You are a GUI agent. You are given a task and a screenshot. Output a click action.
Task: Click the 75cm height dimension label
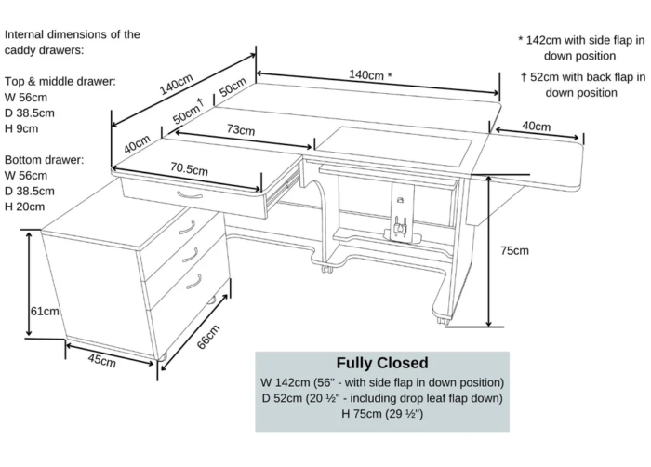[514, 250]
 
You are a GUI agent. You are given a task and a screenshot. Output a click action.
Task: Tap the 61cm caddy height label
[45, 311]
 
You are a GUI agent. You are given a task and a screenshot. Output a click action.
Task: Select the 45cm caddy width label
[101, 360]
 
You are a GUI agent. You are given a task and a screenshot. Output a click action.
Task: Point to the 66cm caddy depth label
[209, 338]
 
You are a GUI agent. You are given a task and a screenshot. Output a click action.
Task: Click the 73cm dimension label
[240, 130]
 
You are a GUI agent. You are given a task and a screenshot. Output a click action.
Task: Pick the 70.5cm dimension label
[189, 170]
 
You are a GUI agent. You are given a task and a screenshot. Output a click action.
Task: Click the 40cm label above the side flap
[535, 126]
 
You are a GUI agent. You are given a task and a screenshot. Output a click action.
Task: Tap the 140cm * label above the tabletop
[370, 74]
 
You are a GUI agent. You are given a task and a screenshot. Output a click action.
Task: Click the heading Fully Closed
[382, 363]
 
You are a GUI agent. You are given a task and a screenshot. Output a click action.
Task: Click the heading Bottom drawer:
[44, 159]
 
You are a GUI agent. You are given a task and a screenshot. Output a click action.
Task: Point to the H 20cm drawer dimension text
[24, 206]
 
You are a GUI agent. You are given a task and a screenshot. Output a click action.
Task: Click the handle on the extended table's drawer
[190, 196]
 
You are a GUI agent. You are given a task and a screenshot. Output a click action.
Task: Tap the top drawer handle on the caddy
[187, 227]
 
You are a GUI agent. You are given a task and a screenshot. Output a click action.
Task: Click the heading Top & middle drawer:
[60, 81]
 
